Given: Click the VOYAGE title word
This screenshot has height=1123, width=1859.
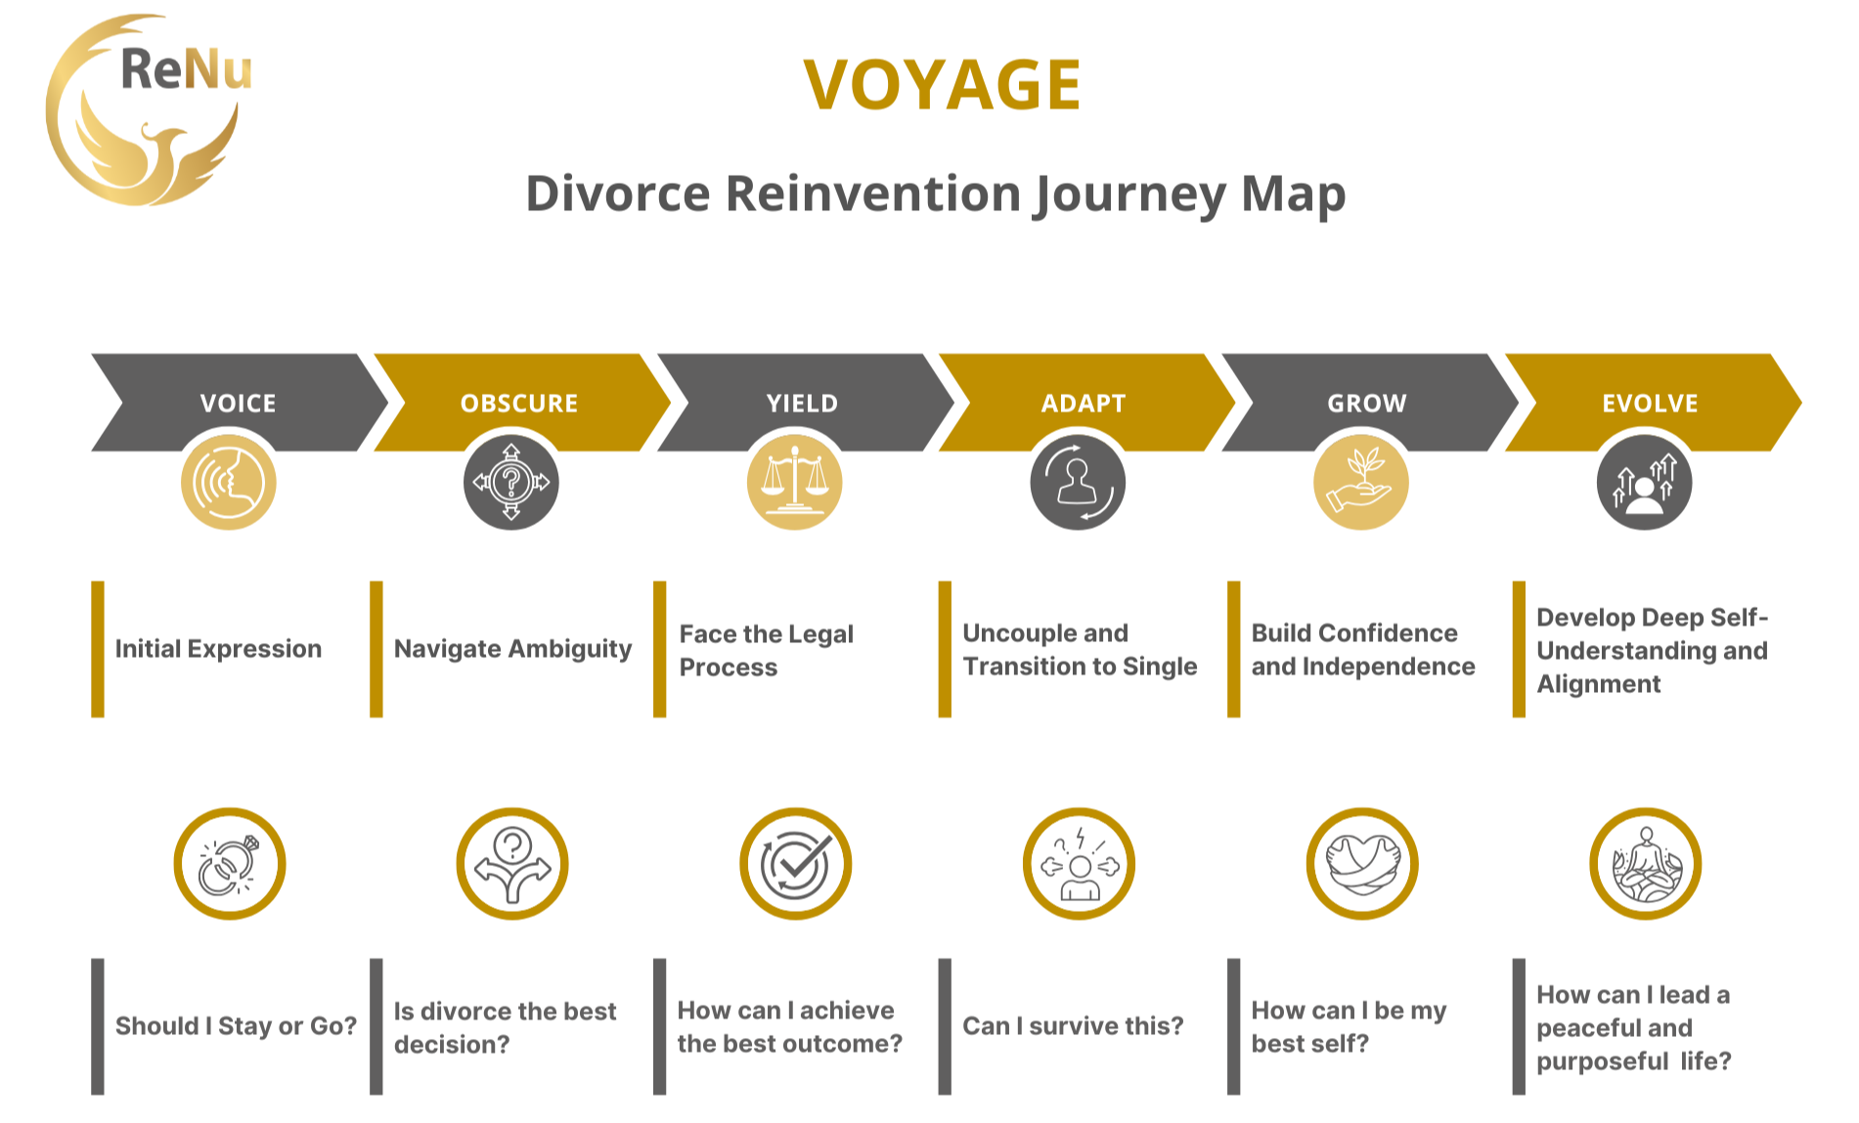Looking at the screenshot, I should [942, 85].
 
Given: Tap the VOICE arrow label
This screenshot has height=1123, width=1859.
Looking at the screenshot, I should [238, 403].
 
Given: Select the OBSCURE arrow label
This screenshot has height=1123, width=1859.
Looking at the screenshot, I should [519, 403].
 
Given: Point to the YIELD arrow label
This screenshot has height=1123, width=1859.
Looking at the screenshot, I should [802, 403].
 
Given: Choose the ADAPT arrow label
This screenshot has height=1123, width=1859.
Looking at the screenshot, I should [1084, 403].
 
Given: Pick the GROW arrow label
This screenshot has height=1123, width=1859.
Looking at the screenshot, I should [1366, 403].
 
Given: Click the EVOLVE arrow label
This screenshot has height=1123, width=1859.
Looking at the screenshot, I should [1650, 403].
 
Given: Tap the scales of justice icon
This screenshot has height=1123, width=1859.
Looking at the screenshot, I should [794, 483].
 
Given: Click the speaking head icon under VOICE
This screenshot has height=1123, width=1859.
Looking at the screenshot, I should [229, 483].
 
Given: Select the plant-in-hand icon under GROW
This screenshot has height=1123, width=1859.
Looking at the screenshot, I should [1360, 483].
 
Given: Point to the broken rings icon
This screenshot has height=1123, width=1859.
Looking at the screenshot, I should [230, 864].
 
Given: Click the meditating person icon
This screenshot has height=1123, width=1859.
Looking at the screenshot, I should [1646, 864].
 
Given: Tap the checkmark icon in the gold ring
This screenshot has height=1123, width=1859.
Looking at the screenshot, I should [795, 864].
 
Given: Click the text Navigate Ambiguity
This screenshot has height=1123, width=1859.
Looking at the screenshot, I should [512, 649].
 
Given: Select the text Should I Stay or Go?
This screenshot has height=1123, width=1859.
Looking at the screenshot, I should [236, 1026].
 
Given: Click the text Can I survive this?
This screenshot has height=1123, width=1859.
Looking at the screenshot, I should [1073, 1026].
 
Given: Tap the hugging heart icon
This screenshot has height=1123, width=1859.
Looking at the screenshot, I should [1362, 864].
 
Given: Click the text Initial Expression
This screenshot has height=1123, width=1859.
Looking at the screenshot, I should [218, 649].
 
